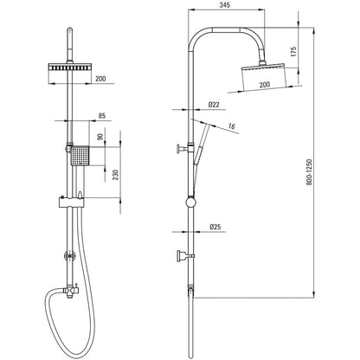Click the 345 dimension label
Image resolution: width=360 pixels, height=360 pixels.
[224, 5]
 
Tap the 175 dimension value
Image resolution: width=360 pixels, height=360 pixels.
[293, 51]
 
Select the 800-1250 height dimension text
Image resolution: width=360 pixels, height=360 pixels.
[309, 172]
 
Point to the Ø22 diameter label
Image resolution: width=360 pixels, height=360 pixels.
[214, 105]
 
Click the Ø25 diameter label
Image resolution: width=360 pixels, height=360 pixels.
[215, 227]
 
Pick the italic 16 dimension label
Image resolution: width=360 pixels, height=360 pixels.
[231, 126]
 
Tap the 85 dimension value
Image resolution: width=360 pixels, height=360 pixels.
[102, 116]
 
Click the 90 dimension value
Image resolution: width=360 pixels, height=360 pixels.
[100, 137]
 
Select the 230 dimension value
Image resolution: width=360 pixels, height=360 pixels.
[115, 175]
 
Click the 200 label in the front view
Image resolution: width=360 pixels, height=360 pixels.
[100, 79]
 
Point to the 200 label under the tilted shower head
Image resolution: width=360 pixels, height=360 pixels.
[265, 85]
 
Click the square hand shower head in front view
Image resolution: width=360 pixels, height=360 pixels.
[80, 156]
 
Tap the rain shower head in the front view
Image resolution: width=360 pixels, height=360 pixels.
[70, 67]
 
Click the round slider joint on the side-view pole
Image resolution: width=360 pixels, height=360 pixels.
[190, 202]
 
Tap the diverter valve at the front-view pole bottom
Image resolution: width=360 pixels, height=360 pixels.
[70, 291]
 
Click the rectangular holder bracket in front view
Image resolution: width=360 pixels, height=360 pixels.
[71, 202]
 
